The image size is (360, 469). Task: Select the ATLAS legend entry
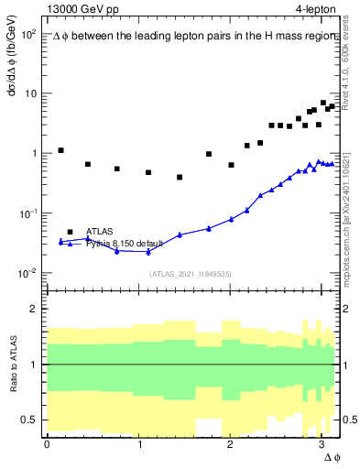coord(99,232)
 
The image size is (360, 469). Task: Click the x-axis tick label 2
coord(230,444)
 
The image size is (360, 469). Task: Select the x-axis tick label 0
coord(47,444)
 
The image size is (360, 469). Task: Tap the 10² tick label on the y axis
coord(27,34)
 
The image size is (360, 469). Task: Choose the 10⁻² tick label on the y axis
coord(27,273)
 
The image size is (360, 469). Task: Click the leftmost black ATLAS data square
coord(60,150)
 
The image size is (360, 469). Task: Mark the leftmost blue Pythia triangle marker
coord(60,242)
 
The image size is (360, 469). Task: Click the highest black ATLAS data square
coord(322,103)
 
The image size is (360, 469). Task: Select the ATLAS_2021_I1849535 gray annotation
coord(191,273)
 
